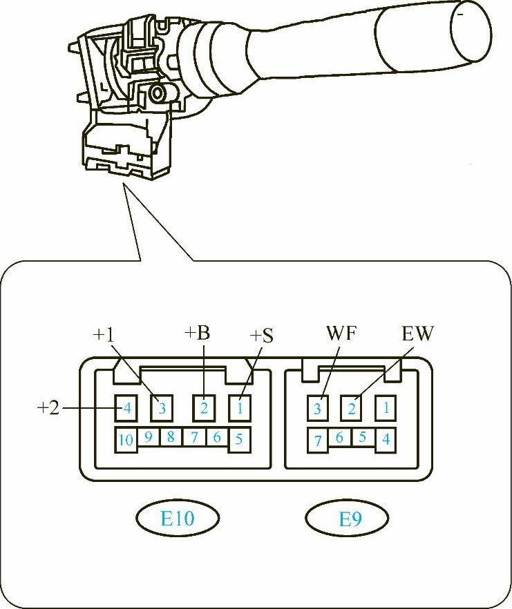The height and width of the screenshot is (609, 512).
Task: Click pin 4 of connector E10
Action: click(x=126, y=408)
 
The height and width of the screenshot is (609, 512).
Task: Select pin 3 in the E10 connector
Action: click(x=162, y=408)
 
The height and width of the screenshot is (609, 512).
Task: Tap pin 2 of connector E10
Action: click(x=204, y=408)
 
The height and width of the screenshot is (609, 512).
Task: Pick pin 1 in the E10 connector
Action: click(x=240, y=408)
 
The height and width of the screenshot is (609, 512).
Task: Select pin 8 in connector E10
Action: click(x=170, y=437)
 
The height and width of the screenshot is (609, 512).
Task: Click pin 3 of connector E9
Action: click(x=318, y=408)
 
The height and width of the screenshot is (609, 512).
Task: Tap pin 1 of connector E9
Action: click(x=386, y=408)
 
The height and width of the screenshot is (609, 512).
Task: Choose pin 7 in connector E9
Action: click(x=319, y=439)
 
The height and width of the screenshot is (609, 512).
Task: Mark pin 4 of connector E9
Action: click(x=386, y=439)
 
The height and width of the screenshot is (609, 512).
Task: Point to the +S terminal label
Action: click(x=262, y=336)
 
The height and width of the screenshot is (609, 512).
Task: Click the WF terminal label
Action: click(x=341, y=333)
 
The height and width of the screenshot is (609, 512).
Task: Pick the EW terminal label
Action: click(x=417, y=333)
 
